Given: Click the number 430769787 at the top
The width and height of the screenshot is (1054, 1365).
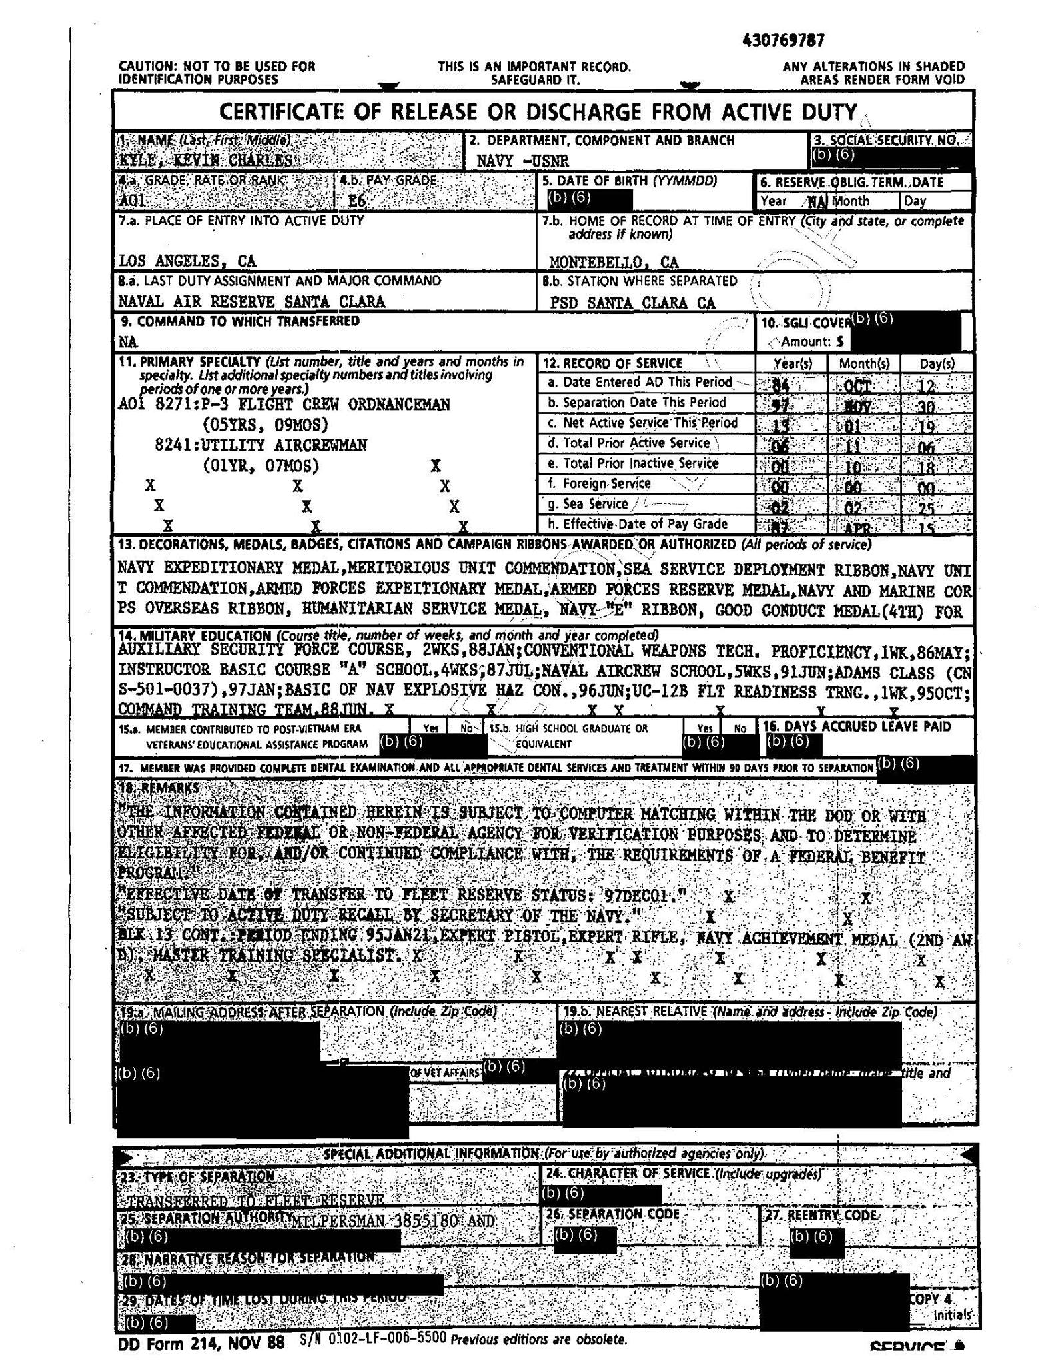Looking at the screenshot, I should click(x=783, y=41).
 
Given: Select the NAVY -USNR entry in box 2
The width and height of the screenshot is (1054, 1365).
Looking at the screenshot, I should click(x=522, y=161).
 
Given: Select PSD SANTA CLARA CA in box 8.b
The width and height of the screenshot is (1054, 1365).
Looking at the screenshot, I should click(x=632, y=303).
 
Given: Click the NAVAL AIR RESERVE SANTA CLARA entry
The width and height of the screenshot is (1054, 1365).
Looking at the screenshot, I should click(x=251, y=301).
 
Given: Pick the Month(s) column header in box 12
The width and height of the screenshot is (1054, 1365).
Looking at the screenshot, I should click(x=863, y=364).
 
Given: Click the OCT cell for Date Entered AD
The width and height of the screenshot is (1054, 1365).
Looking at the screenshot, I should click(x=863, y=385).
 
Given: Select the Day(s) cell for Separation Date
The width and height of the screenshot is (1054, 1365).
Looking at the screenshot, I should click(x=935, y=405).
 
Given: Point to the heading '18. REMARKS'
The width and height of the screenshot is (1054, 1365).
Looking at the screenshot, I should click(x=158, y=788).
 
